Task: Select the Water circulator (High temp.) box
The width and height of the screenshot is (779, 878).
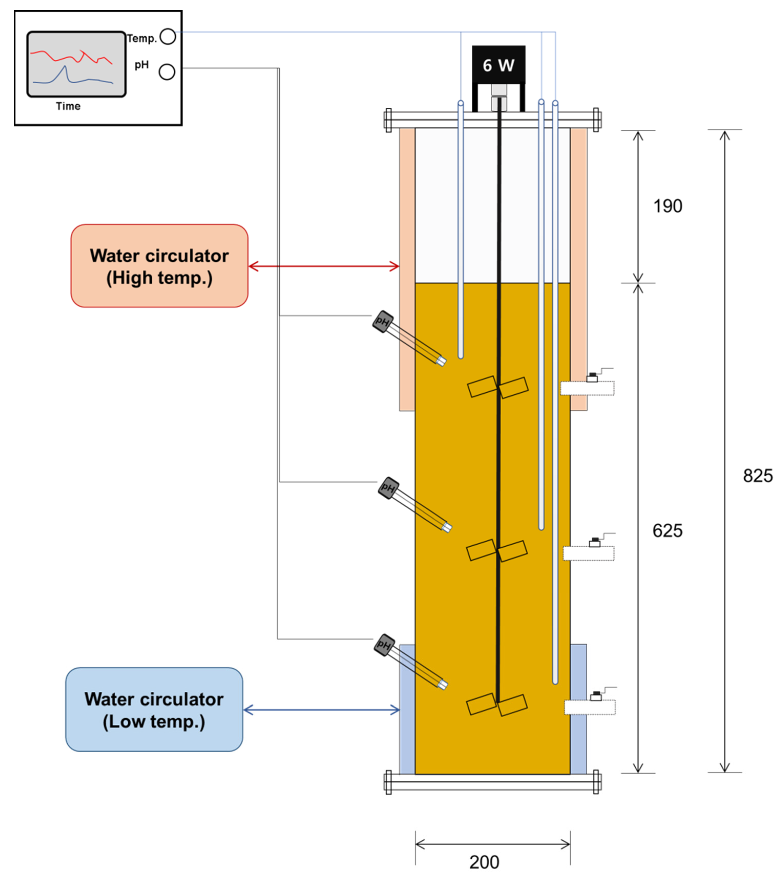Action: click(159, 266)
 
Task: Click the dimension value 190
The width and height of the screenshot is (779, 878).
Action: click(668, 206)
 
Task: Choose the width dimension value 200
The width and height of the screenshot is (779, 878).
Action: click(484, 862)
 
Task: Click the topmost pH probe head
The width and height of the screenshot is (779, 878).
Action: click(383, 322)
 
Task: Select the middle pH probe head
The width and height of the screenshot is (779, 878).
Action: click(388, 488)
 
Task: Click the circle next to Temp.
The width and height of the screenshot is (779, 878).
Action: click(167, 37)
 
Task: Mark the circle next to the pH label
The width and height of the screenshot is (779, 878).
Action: click(167, 72)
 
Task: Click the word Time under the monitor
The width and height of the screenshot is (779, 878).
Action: click(68, 106)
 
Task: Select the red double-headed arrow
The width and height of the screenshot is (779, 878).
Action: click(324, 266)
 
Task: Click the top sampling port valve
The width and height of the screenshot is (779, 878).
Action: click(592, 378)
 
